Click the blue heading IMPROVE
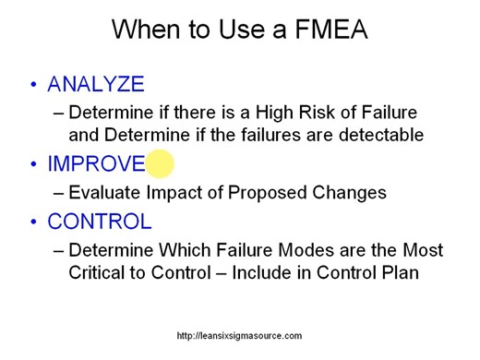coord(96,164)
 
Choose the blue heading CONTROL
coord(100,222)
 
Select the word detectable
coord(379,135)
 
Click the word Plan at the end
coord(401,273)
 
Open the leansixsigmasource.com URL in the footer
coord(239,336)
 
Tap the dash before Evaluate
coord(60,193)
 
